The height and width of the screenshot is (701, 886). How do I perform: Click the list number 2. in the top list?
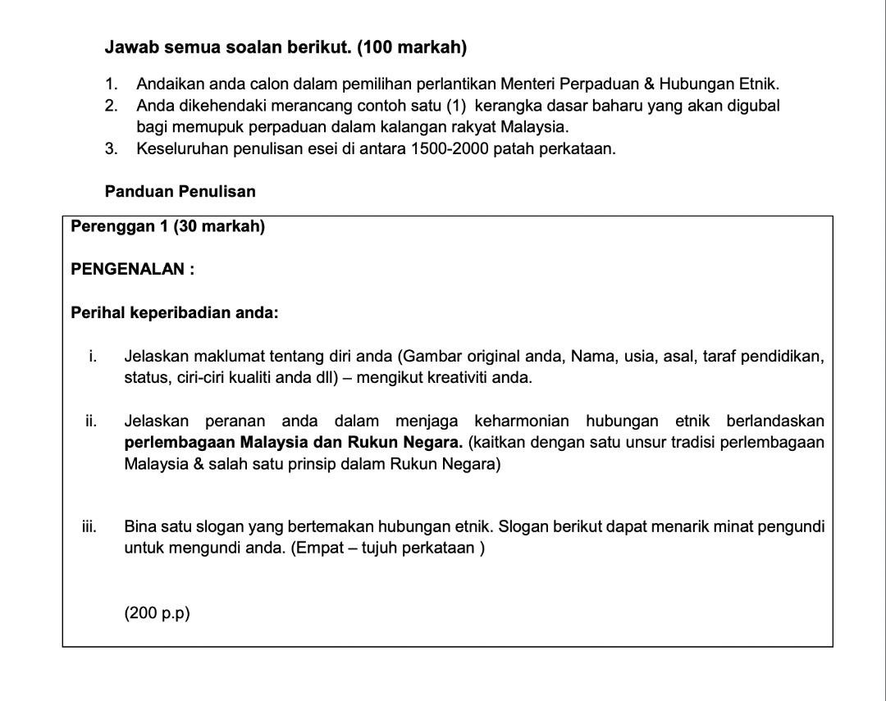click(x=112, y=106)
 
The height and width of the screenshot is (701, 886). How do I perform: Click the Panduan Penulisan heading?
click(x=180, y=191)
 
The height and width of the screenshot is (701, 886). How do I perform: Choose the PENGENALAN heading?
click(x=128, y=269)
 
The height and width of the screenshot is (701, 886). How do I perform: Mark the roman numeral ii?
click(x=90, y=421)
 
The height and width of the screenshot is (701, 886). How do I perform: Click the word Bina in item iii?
click(x=139, y=526)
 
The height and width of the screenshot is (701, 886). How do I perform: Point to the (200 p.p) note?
click(x=157, y=613)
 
